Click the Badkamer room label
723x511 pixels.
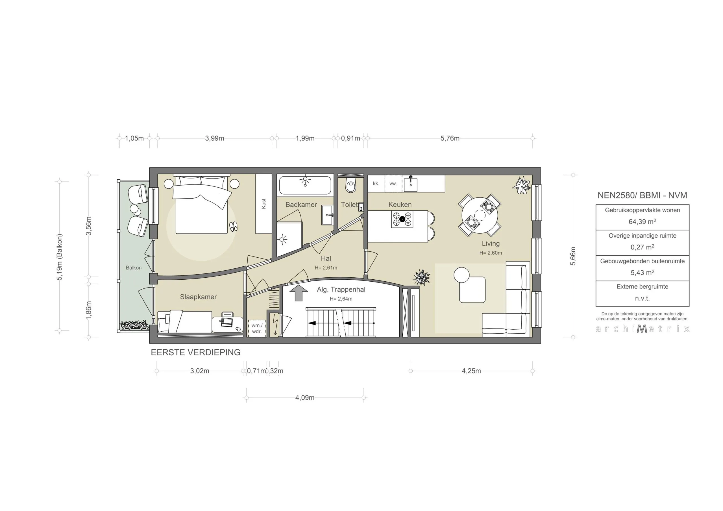tap(301, 205)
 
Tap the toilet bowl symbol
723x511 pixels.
tap(351, 185)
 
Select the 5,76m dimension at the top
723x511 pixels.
tap(450, 138)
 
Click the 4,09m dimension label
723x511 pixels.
tap(304, 397)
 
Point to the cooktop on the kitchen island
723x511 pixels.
tap(402, 219)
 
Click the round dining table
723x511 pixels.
tap(480, 215)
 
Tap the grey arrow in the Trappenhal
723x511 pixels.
tap(298, 293)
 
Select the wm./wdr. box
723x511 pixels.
tap(257, 328)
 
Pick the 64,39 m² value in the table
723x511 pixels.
tap(642, 221)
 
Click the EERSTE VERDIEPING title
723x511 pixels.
tap(195, 352)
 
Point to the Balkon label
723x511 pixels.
tap(134, 268)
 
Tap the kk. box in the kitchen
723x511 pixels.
tap(376, 183)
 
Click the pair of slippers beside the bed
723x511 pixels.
tap(233, 227)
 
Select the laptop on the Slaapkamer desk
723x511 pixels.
tap(227, 322)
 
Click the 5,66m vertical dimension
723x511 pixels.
tap(573, 256)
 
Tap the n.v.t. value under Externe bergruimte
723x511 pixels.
tap(642, 298)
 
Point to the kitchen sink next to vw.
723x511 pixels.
tap(411, 184)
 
